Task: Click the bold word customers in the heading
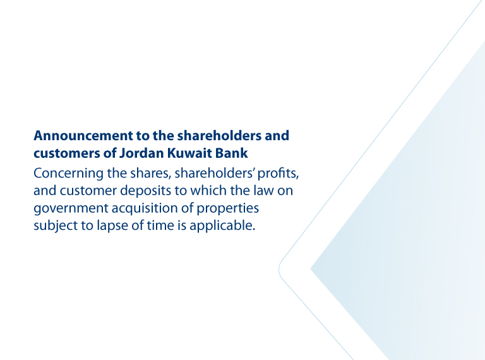coord(66,153)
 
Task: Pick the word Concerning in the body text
coord(68,174)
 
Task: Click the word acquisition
coord(145,208)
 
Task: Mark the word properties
coord(227,208)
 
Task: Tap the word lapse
coord(112,225)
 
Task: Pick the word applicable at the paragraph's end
coord(222,225)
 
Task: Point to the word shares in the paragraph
coord(150,174)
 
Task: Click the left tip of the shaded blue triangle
coord(310,269)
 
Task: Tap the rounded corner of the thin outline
coord(279,270)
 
